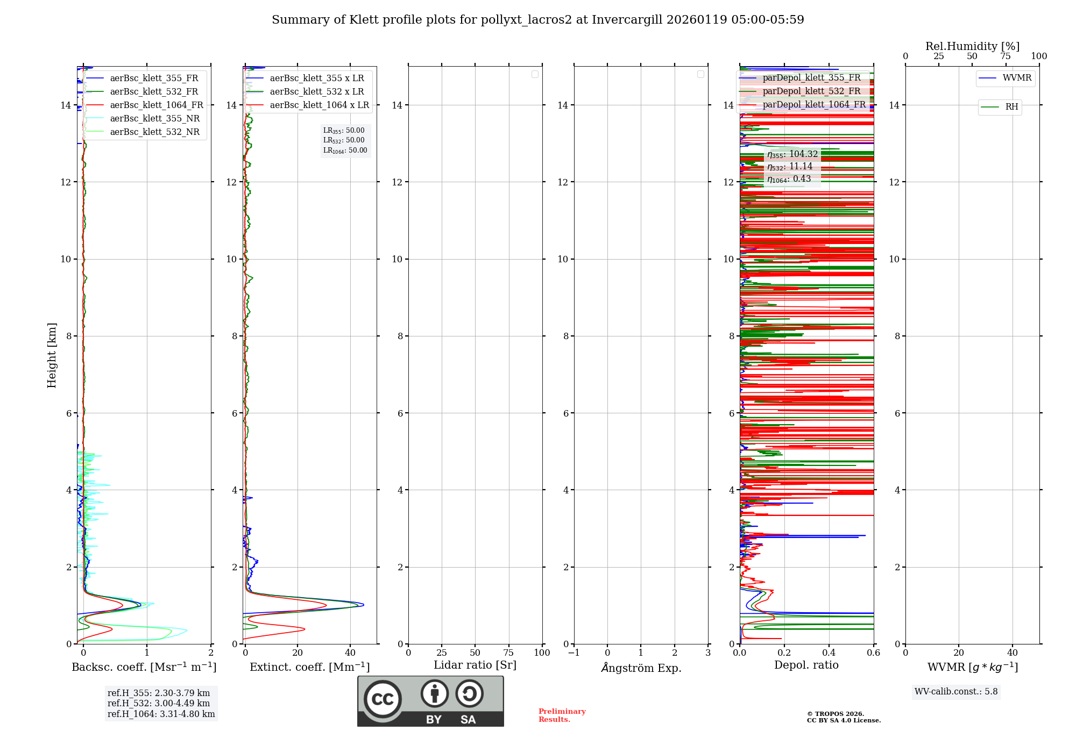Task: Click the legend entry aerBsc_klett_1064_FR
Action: pos(156,105)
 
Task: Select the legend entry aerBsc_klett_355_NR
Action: pos(154,119)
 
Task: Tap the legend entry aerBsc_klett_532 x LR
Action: pos(316,92)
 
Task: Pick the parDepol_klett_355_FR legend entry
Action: pos(811,78)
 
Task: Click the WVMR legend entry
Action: pos(1016,78)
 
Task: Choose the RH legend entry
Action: pos(1011,107)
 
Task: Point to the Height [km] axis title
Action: pos(52,355)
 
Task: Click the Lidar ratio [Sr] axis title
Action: pos(475,665)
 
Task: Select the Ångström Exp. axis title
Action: pos(641,668)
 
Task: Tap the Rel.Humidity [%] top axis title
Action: pos(972,46)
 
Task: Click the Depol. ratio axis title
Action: pos(806,665)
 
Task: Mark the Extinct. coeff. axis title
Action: pos(309,667)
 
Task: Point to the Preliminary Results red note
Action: pos(562,715)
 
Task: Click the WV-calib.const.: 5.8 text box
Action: pos(956,692)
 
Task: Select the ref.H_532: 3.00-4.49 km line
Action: pos(159,704)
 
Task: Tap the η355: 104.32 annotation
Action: pos(792,155)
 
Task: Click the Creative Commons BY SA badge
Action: pos(430,701)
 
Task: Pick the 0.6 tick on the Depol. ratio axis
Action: pos(873,653)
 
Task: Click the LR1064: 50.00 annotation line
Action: pos(345,150)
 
